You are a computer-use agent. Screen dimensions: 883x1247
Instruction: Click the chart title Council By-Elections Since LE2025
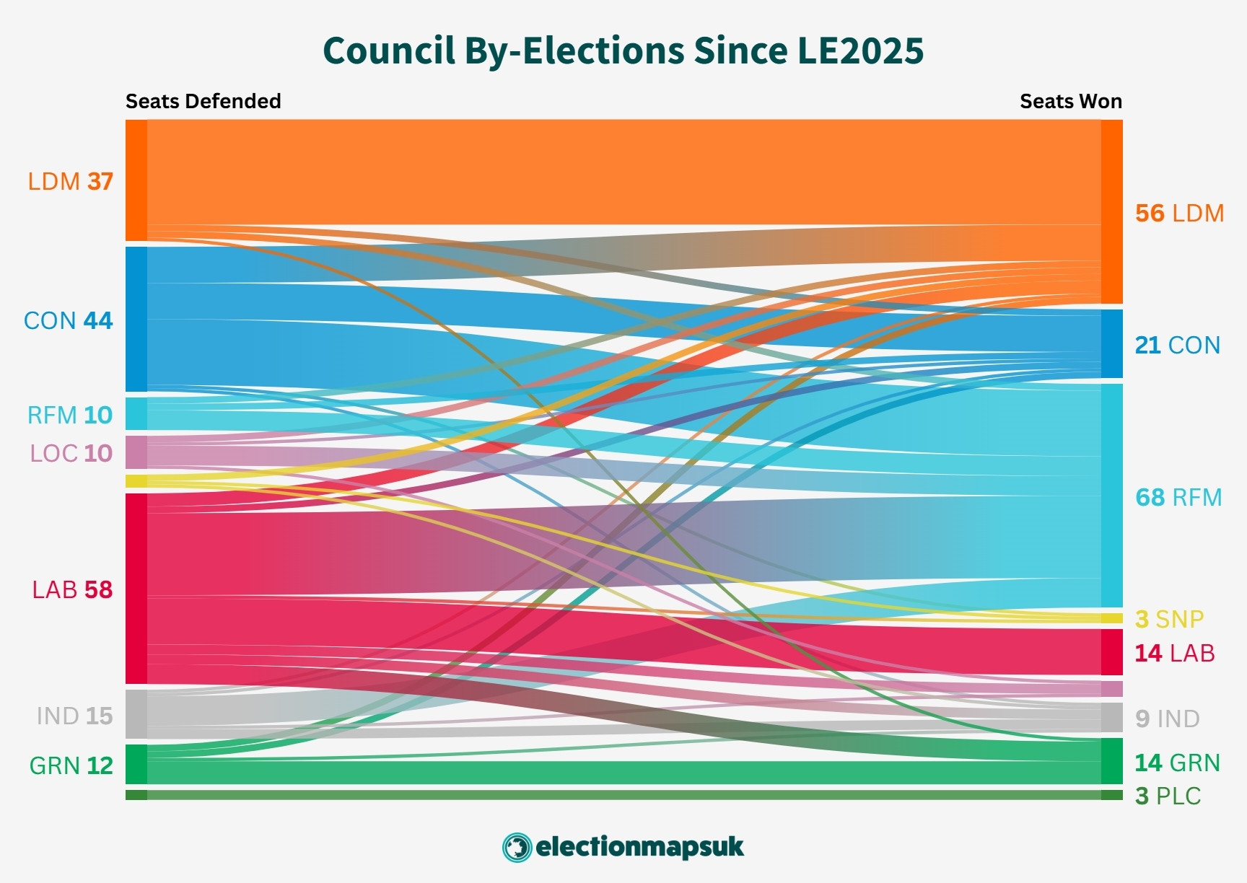click(623, 50)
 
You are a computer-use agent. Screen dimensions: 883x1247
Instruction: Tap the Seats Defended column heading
click(203, 101)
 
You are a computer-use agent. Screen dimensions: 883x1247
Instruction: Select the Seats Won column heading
click(1070, 101)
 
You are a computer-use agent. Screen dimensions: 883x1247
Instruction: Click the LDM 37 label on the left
click(71, 181)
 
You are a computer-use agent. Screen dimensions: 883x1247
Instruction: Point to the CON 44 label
click(69, 320)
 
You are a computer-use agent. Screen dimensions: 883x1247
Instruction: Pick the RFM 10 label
click(70, 415)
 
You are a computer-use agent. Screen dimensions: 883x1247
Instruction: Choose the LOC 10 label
click(71, 453)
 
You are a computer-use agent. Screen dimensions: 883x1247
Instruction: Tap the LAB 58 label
click(72, 589)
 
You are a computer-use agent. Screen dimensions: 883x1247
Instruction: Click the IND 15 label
click(74, 716)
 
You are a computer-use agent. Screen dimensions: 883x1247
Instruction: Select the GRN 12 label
click(71, 765)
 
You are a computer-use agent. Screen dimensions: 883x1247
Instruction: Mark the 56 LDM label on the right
click(1179, 213)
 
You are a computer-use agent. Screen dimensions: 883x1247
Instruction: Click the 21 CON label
click(1177, 345)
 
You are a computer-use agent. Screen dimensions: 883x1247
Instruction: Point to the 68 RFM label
click(1178, 497)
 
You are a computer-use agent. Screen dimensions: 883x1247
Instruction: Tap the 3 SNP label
click(1169, 619)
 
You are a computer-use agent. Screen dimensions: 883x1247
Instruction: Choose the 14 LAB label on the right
click(1174, 653)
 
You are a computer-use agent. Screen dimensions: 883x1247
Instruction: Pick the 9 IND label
click(1167, 719)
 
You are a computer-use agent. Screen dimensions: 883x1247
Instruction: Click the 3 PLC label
click(1168, 796)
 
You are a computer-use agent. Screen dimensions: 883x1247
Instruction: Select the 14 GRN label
click(1177, 763)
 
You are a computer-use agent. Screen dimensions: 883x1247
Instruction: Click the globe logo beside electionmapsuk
click(517, 847)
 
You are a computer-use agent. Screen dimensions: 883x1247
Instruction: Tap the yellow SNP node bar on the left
click(136, 481)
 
